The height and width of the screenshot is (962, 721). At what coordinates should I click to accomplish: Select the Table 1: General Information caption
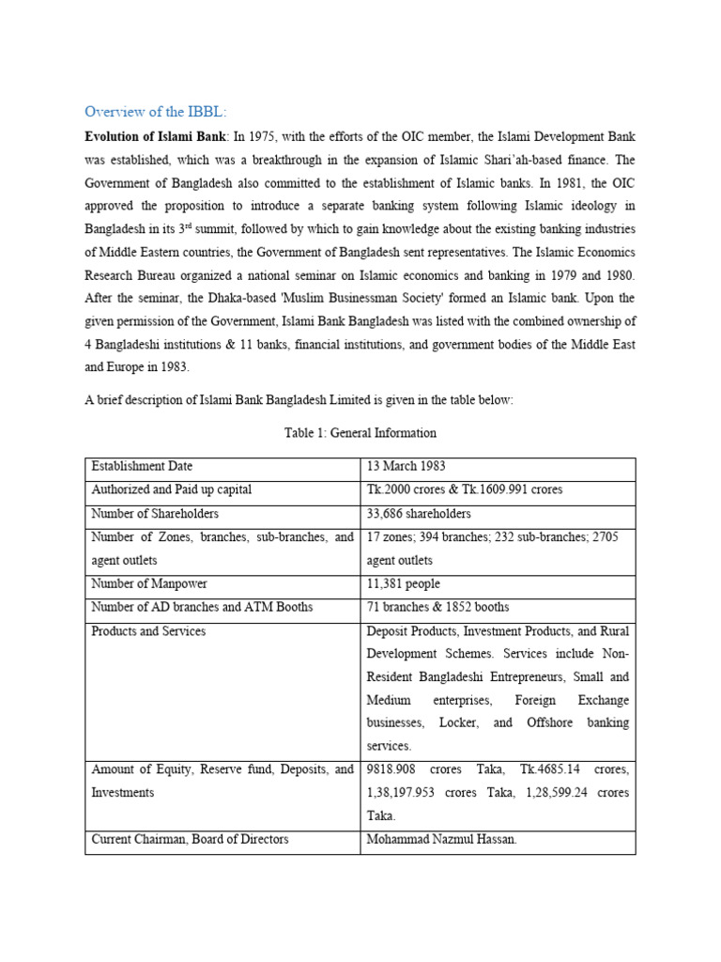coord(360,433)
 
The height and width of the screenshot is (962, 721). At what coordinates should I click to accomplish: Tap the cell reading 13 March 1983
coord(407,466)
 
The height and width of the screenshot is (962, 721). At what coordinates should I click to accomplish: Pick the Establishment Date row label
coord(142,466)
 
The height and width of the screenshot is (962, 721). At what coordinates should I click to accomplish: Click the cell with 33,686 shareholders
coord(419,514)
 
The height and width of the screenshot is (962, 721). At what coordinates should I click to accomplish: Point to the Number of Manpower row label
coord(145,584)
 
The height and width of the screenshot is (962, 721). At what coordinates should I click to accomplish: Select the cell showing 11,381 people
coord(404,584)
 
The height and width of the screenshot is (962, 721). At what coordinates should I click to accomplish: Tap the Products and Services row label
coord(148,631)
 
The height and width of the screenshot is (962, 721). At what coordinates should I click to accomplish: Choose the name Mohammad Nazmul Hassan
coord(442,840)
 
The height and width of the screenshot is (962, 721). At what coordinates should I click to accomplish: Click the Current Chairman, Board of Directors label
coord(190,840)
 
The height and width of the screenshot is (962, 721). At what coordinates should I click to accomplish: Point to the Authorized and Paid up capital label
coord(171,490)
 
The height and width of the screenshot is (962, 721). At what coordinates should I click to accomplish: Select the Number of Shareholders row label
coord(155,514)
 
